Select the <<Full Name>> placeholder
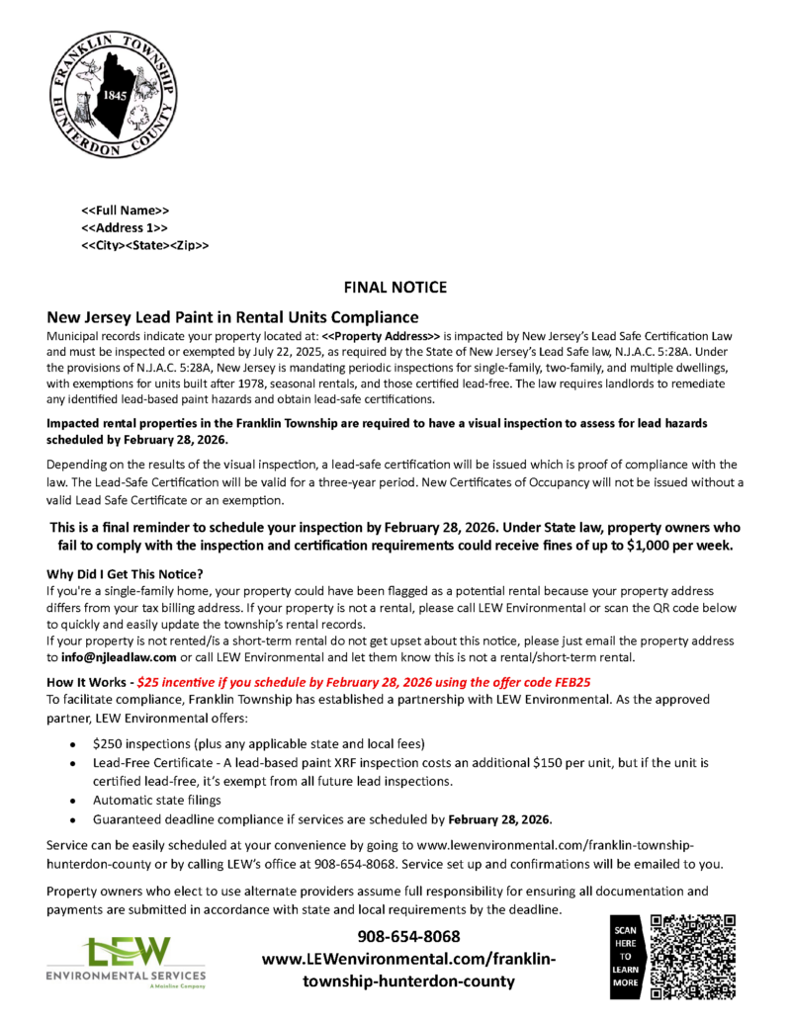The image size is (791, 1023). pyautogui.click(x=126, y=211)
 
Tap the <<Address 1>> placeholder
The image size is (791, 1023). pyautogui.click(x=126, y=227)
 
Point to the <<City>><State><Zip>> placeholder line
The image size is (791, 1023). pyautogui.click(x=144, y=244)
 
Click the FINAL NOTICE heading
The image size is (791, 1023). pyautogui.click(x=395, y=288)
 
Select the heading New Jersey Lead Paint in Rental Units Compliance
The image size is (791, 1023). pyautogui.click(x=233, y=317)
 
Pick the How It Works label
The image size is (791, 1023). pyautogui.click(x=86, y=682)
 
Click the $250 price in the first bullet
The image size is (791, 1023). pyautogui.click(x=109, y=742)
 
